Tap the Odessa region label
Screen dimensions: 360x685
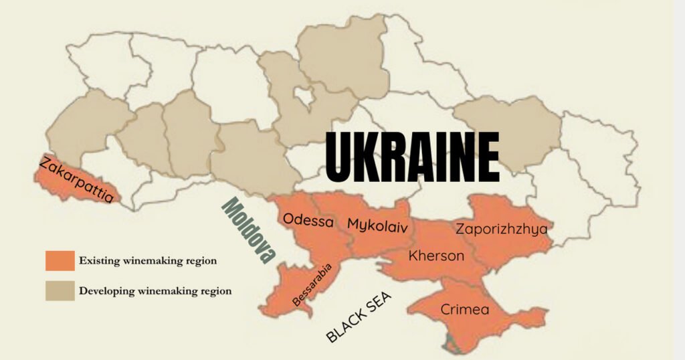[x=308, y=220]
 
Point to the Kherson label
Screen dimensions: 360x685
[x=436, y=256]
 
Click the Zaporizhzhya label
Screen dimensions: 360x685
[x=502, y=229]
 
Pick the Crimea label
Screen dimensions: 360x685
[x=464, y=310]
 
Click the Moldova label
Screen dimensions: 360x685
[x=249, y=230]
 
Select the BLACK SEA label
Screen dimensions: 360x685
[x=359, y=317]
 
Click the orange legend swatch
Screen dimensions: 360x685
[x=60, y=260]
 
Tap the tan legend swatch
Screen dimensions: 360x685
[x=60, y=290]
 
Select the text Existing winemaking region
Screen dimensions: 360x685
[x=147, y=261]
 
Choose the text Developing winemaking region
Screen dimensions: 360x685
[x=155, y=291]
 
